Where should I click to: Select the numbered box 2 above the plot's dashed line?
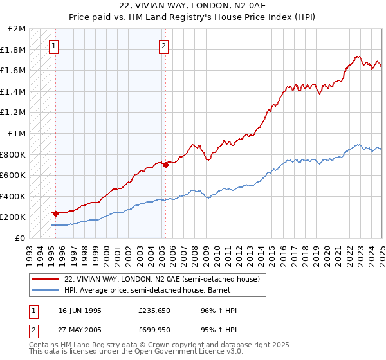tap(164, 46)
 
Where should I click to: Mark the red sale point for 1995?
tap(55, 213)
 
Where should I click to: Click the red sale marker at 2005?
tap(165, 165)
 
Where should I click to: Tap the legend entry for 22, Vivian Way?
tap(161, 279)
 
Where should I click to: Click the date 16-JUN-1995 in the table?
tap(80, 310)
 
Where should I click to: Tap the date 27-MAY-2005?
tap(80, 331)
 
